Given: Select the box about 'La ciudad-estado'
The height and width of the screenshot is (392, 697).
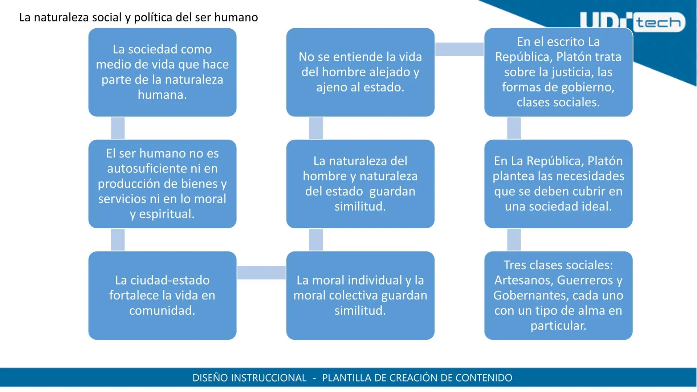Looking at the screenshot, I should [162, 295].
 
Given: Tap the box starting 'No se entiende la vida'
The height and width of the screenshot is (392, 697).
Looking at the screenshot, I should [360, 72].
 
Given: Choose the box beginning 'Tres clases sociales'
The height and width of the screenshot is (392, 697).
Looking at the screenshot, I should [558, 295].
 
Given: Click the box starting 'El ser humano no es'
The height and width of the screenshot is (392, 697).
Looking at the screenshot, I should [162, 184].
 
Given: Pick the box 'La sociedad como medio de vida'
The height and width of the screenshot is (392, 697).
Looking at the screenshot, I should [162, 72].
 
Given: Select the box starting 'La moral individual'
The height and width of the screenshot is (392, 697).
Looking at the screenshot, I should [360, 295].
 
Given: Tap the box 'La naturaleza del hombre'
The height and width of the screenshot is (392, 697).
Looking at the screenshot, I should [360, 184].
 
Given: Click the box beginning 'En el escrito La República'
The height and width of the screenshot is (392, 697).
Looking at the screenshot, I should [558, 72].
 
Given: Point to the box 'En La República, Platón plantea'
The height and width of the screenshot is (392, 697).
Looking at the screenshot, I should [558, 184].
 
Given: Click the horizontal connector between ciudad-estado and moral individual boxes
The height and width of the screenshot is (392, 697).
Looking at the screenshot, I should [261, 272].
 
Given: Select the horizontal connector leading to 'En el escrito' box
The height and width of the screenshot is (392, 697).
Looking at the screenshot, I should [459, 49].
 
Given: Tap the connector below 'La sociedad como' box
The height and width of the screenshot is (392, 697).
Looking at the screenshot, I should [118, 128].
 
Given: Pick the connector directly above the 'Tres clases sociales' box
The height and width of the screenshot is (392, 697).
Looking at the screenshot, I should [514, 240].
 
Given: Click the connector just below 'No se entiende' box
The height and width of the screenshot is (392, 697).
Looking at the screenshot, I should [316, 128].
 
